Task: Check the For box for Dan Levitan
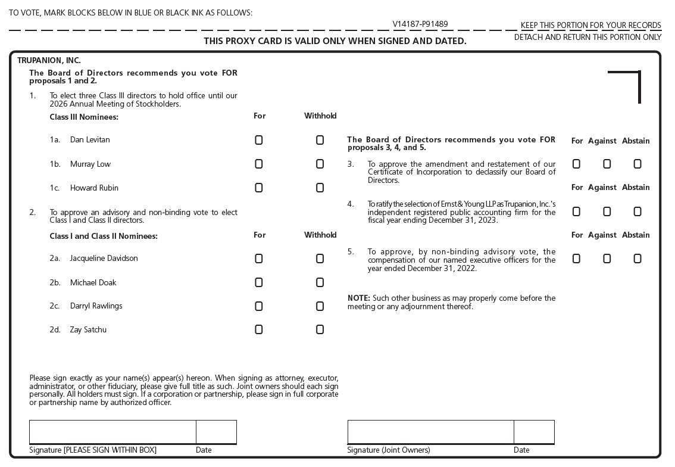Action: coord(259,140)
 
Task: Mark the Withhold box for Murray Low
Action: coord(320,164)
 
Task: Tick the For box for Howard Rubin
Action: coord(259,188)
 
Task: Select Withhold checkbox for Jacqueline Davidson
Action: coord(320,259)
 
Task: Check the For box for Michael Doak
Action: coord(259,282)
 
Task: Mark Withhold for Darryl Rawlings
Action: coord(320,306)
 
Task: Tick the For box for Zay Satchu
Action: coord(259,329)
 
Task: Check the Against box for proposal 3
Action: coord(607,164)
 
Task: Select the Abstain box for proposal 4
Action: coord(637,211)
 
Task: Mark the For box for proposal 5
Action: coord(576,259)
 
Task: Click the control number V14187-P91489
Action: coord(420,24)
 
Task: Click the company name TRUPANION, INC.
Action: coord(49,60)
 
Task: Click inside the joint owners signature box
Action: coord(430,432)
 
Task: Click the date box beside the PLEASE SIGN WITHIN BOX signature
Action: coord(216,432)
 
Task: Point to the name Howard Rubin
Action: coord(94,188)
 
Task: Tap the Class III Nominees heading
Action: coord(84,117)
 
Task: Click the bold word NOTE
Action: coord(358,298)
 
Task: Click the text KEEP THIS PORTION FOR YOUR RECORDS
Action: coord(590,25)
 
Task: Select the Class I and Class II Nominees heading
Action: coord(104,236)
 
